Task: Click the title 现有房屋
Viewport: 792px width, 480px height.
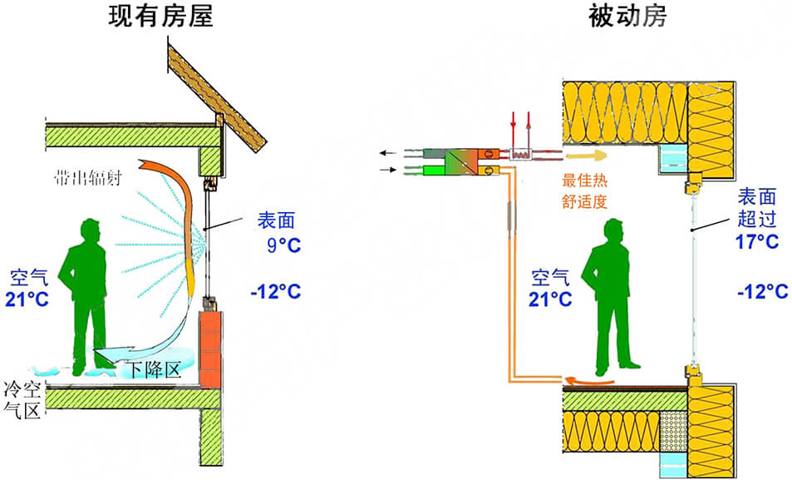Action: point(161,18)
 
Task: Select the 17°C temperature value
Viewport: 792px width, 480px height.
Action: point(756,242)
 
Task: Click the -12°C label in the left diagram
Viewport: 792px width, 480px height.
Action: point(275,291)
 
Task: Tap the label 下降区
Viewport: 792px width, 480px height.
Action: point(152,369)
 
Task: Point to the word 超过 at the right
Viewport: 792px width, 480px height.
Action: point(756,219)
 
